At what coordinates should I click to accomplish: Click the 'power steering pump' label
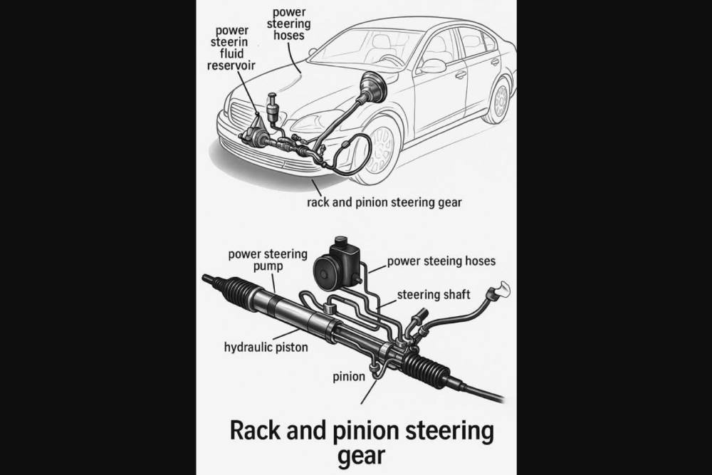pyautogui.click(x=267, y=260)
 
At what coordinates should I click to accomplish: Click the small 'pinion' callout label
pyautogui.click(x=349, y=375)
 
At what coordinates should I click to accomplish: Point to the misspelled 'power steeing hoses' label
pyautogui.click(x=441, y=261)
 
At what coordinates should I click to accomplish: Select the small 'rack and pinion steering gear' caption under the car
pyautogui.click(x=384, y=202)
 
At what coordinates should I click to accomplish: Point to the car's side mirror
pyautogui.click(x=432, y=66)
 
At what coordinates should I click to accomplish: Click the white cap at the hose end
pyautogui.click(x=500, y=289)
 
